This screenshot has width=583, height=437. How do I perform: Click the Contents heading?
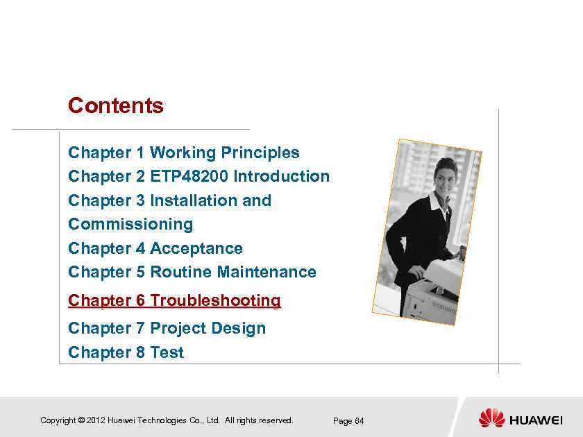pyautogui.click(x=116, y=106)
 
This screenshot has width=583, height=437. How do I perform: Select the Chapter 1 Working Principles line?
pyautogui.click(x=184, y=153)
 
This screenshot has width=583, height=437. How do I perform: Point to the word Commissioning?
pyautogui.click(x=130, y=224)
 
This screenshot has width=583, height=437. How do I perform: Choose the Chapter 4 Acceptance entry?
pyautogui.click(x=155, y=248)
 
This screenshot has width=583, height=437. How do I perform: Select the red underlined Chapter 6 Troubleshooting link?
pyautogui.click(x=174, y=300)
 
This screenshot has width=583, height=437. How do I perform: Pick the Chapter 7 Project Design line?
pyautogui.click(x=167, y=328)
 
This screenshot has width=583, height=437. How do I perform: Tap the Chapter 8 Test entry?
pyautogui.click(x=126, y=352)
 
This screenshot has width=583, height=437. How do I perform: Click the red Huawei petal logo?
pyautogui.click(x=491, y=418)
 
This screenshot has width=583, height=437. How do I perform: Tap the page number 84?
pyautogui.click(x=359, y=421)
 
